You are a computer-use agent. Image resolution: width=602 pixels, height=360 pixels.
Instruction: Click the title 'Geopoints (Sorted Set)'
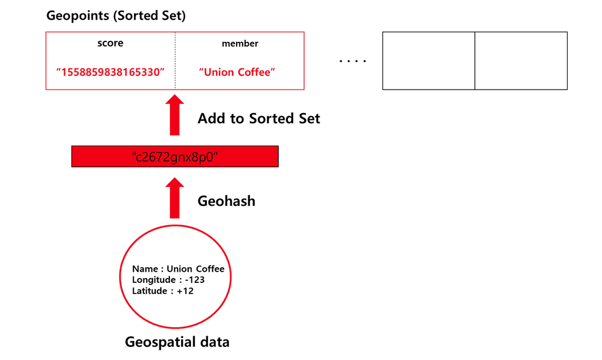[x=116, y=16]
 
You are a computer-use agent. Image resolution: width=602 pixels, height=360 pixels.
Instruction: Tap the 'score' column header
[x=110, y=43]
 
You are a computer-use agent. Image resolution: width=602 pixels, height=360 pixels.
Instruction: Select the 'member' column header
[x=240, y=44]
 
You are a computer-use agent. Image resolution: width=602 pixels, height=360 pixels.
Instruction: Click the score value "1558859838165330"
[x=110, y=72]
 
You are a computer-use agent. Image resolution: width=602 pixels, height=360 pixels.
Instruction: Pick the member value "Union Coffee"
[x=237, y=72]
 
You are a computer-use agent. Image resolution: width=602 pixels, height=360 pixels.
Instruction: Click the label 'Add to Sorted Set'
[x=259, y=118]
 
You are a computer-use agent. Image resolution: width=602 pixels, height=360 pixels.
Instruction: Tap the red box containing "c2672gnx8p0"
[x=175, y=157]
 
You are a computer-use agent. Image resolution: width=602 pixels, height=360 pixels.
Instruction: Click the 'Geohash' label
[x=226, y=201]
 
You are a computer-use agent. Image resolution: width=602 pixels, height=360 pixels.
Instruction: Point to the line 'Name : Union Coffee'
[x=178, y=269]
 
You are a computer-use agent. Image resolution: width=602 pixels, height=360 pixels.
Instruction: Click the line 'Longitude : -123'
[x=168, y=280]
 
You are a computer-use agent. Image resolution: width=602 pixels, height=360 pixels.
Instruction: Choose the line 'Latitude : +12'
[x=163, y=291]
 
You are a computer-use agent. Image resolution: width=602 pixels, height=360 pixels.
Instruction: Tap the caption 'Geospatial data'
[x=177, y=342]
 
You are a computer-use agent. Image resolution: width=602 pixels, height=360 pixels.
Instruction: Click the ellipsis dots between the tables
[x=353, y=61]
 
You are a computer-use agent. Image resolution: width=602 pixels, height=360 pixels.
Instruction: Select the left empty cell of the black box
[x=428, y=61]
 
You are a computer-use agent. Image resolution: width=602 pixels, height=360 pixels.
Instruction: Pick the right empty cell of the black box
[x=521, y=61]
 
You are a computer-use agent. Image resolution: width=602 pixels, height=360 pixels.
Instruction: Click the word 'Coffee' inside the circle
[x=210, y=269]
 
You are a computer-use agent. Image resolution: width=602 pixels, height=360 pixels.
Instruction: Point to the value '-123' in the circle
[x=195, y=280]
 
